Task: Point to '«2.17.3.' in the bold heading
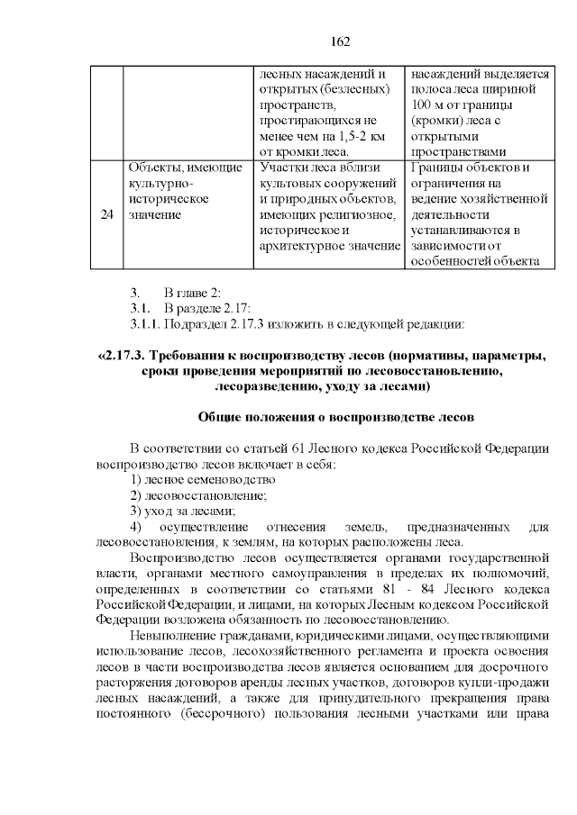[124, 357]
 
